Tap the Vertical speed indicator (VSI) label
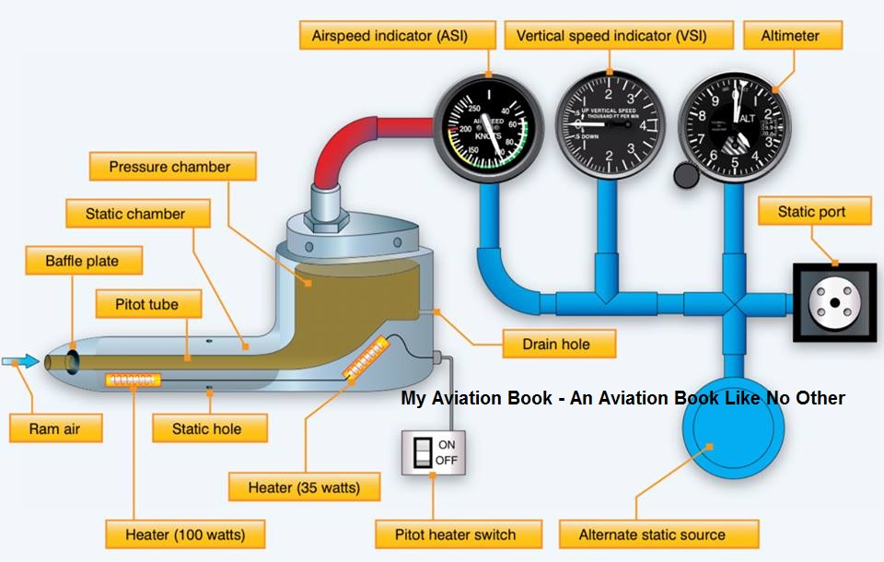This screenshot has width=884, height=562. (x=619, y=36)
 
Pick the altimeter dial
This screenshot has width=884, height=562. (x=734, y=126)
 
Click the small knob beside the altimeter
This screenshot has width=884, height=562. (x=686, y=173)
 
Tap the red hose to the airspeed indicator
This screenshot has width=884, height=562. (x=368, y=138)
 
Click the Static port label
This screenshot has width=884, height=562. (x=811, y=212)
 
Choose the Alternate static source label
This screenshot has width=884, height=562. (x=652, y=534)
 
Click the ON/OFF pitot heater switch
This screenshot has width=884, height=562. (x=433, y=451)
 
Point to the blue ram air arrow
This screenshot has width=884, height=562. (x=20, y=362)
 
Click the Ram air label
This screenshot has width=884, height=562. (x=55, y=427)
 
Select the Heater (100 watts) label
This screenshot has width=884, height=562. (x=184, y=534)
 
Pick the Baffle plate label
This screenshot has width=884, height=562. (x=82, y=261)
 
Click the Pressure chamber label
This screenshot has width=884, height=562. (x=169, y=168)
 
